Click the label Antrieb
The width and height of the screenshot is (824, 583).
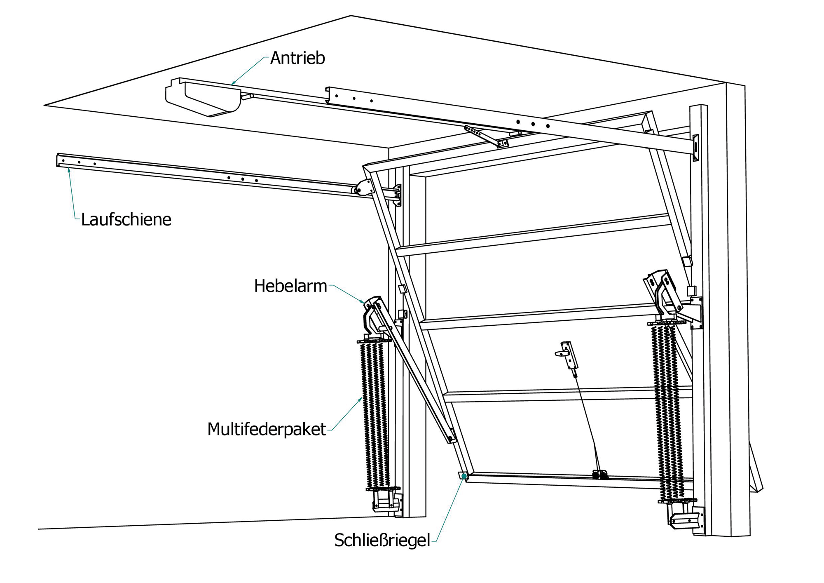pyautogui.click(x=297, y=58)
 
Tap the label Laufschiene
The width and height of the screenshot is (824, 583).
pyautogui.click(x=126, y=219)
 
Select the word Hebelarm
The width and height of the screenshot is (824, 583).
pyautogui.click(x=290, y=286)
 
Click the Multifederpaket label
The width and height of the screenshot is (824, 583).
pyautogui.click(x=266, y=429)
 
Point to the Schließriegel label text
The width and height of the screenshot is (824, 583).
pyautogui.click(x=382, y=540)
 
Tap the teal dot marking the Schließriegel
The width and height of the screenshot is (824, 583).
pyautogui.click(x=464, y=476)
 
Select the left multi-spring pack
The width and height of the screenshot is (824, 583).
pyautogui.click(x=375, y=414)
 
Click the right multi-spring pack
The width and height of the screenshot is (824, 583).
pyautogui.click(x=667, y=412)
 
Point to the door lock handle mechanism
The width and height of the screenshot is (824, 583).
pyautogui.click(x=568, y=355)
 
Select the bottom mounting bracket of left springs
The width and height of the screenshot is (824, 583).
pyautogui.click(x=386, y=501)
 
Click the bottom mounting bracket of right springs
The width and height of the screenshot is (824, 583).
pyautogui.click(x=685, y=520)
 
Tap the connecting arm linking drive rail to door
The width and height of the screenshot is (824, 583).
pyautogui.click(x=486, y=136)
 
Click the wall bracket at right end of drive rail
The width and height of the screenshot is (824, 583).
pyautogui.click(x=695, y=148)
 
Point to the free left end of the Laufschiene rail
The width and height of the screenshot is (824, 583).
pyautogui.click(x=59, y=160)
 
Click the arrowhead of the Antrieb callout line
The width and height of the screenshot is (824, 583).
pyautogui.click(x=233, y=83)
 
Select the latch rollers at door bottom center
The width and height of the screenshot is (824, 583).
pyautogui.click(x=600, y=475)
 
